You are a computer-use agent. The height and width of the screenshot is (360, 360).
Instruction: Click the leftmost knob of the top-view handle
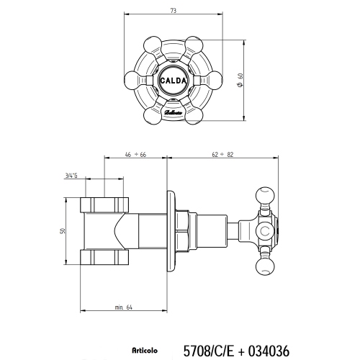(x=135, y=81)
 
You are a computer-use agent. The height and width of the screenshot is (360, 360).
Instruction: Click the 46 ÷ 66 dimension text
(x=135, y=154)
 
